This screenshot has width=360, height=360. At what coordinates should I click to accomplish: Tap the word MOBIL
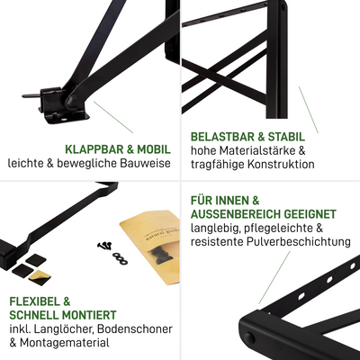point(154,149)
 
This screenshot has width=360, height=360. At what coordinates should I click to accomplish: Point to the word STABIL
point(286,137)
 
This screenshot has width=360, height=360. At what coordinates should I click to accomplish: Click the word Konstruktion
point(281,164)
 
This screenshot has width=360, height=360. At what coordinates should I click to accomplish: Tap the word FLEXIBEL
point(36,301)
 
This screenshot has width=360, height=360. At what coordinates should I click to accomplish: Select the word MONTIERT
point(89,315)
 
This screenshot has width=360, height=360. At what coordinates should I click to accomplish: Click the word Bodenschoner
point(136,328)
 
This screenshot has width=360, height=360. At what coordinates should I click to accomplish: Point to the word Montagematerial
point(65,343)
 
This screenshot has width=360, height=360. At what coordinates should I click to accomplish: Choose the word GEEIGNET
point(310,214)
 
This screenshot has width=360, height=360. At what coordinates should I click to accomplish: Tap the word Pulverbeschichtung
point(299,241)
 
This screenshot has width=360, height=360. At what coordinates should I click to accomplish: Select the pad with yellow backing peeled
point(40,276)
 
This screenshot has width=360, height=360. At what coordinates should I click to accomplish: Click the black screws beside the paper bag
point(105,246)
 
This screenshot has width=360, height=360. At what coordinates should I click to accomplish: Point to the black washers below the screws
point(120,258)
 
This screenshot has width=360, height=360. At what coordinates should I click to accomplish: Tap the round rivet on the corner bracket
point(248,338)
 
